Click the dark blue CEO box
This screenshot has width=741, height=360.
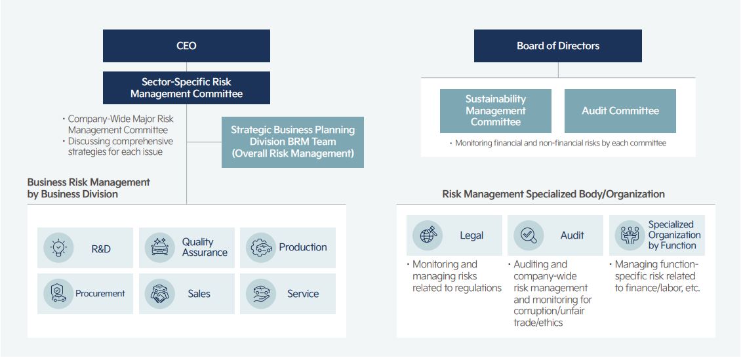[186, 46]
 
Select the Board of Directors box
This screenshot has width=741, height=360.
[557, 46]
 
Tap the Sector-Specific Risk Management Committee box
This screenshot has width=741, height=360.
[186, 88]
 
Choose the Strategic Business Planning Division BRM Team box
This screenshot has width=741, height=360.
[292, 142]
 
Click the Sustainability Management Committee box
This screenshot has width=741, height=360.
[495, 111]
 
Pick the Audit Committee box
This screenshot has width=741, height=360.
[620, 111]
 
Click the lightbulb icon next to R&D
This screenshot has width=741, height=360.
[58, 248]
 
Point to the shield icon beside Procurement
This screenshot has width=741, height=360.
[58, 293]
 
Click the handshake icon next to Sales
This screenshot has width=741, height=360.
[160, 293]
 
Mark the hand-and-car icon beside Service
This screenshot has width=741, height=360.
[261, 293]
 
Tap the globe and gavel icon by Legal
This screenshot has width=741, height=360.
[427, 235]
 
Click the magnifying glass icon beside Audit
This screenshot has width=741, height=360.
[529, 235]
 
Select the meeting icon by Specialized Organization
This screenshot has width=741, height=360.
[630, 235]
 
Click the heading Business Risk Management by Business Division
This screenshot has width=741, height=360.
[89, 188]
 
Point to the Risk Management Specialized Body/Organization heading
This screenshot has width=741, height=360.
[553, 194]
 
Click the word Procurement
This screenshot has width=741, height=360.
[100, 293]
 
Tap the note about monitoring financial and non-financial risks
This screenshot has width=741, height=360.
[557, 143]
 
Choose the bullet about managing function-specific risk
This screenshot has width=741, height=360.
[654, 276]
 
